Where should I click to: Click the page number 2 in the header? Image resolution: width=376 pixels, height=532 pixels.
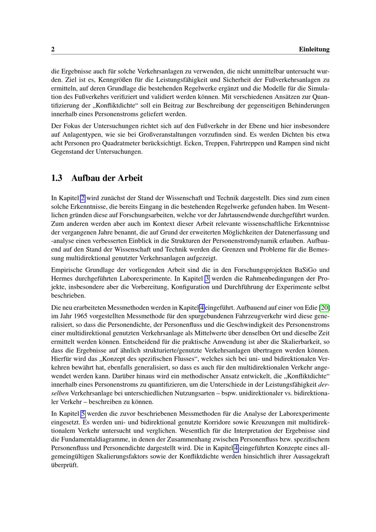53,49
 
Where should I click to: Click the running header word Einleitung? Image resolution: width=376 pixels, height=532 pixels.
314,49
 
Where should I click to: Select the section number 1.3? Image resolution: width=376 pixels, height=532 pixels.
57,178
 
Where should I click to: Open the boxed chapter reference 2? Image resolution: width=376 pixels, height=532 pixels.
83,198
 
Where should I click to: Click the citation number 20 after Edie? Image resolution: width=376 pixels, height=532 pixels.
324,308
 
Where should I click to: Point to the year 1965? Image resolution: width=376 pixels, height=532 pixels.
82,316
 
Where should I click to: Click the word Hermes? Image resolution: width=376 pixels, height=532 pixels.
62,279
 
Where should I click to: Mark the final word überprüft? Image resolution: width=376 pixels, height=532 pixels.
64,465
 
